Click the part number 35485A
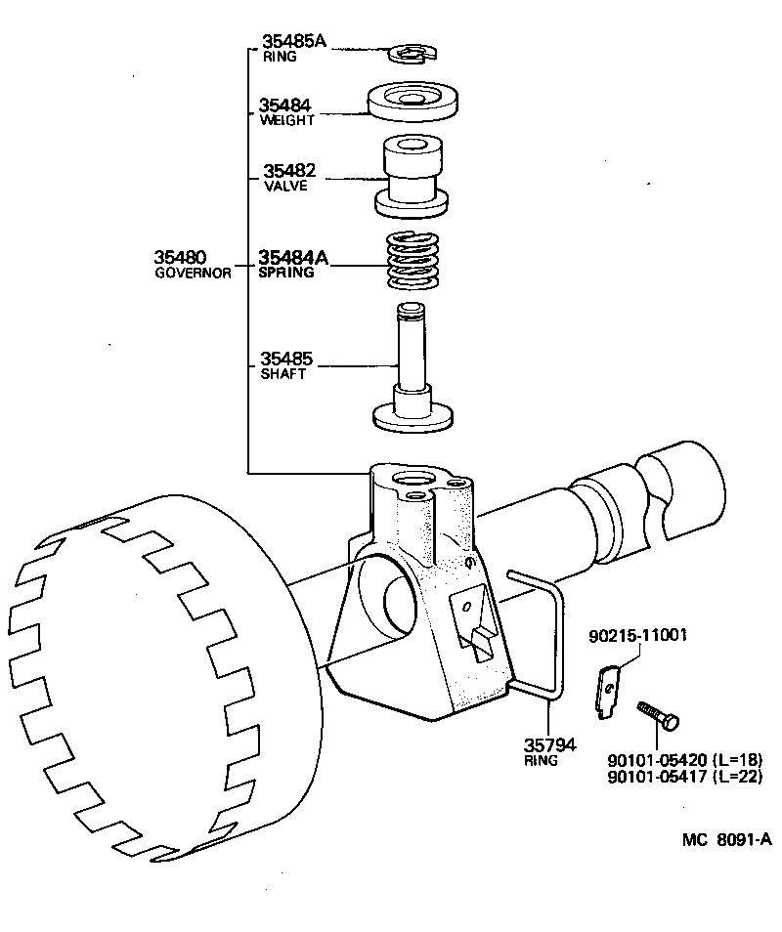pos(293,41)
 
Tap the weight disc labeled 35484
pos(413,102)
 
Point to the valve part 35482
pos(412,177)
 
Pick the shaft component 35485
pos(412,371)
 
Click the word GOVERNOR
pos(193,274)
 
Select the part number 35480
pos(180,258)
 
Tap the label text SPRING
pos(286,274)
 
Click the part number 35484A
pos(293,258)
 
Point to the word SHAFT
pos(283,374)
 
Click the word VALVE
pos(285,186)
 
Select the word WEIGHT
pos(287,121)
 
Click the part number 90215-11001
pos(638,636)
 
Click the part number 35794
pos(541,745)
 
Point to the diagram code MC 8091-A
pos(727,839)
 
